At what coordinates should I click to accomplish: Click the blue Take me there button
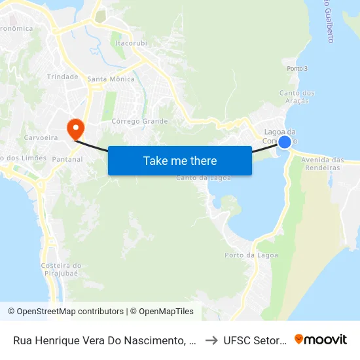coord(180,160)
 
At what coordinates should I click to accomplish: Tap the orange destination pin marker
coord(76,126)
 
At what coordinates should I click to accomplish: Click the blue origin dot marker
coord(285,141)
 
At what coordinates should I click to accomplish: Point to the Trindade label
coord(63,77)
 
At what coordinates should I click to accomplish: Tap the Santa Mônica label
coord(111,79)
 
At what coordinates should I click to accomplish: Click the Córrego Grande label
coord(139,121)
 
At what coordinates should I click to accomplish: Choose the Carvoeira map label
coord(41,137)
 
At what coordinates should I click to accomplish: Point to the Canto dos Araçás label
coord(297,96)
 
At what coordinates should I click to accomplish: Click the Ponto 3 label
coord(297,68)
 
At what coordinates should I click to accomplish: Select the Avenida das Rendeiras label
coord(323,164)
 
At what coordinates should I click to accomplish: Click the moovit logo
coord(321,339)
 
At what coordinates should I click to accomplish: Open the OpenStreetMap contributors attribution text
coord(65,312)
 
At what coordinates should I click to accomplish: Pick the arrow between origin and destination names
coord(211,340)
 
